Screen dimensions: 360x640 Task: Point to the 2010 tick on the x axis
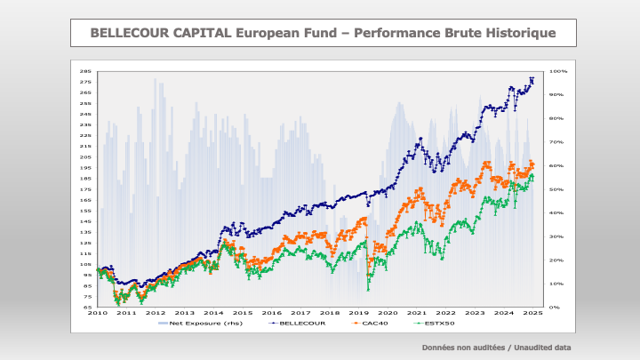point(97,313)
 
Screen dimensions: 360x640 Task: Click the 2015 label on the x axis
point(243,313)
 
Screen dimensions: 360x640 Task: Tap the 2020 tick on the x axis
point(388,313)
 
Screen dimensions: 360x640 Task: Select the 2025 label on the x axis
point(533,313)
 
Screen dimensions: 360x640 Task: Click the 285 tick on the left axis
point(86,71)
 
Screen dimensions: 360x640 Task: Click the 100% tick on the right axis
point(558,71)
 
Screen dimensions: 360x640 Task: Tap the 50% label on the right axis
point(556,189)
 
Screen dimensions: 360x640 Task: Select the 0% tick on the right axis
point(555,308)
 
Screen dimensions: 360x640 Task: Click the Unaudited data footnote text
point(540,348)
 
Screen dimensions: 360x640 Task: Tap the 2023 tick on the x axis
point(475,313)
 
